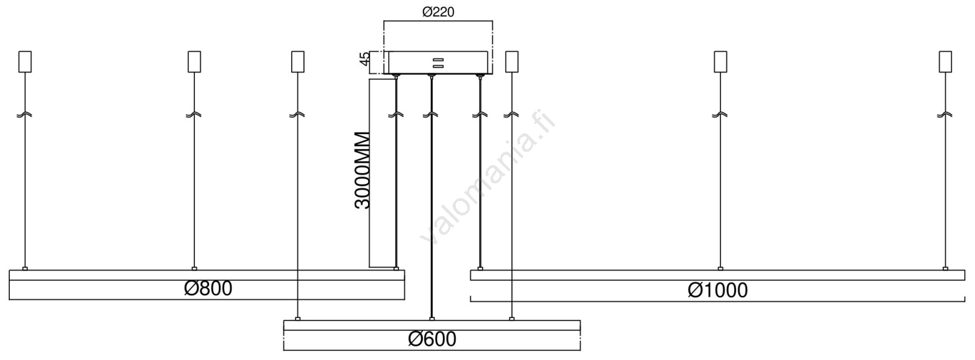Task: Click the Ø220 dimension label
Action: point(438,12)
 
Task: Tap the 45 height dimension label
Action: point(364,58)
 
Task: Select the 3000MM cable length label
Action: point(362,170)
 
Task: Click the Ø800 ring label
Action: point(208,288)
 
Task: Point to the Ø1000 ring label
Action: point(718,291)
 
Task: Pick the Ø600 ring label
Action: point(432,339)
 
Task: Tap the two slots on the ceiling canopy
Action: point(438,63)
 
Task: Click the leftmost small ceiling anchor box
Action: point(25,62)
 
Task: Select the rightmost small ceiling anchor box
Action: point(945,62)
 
